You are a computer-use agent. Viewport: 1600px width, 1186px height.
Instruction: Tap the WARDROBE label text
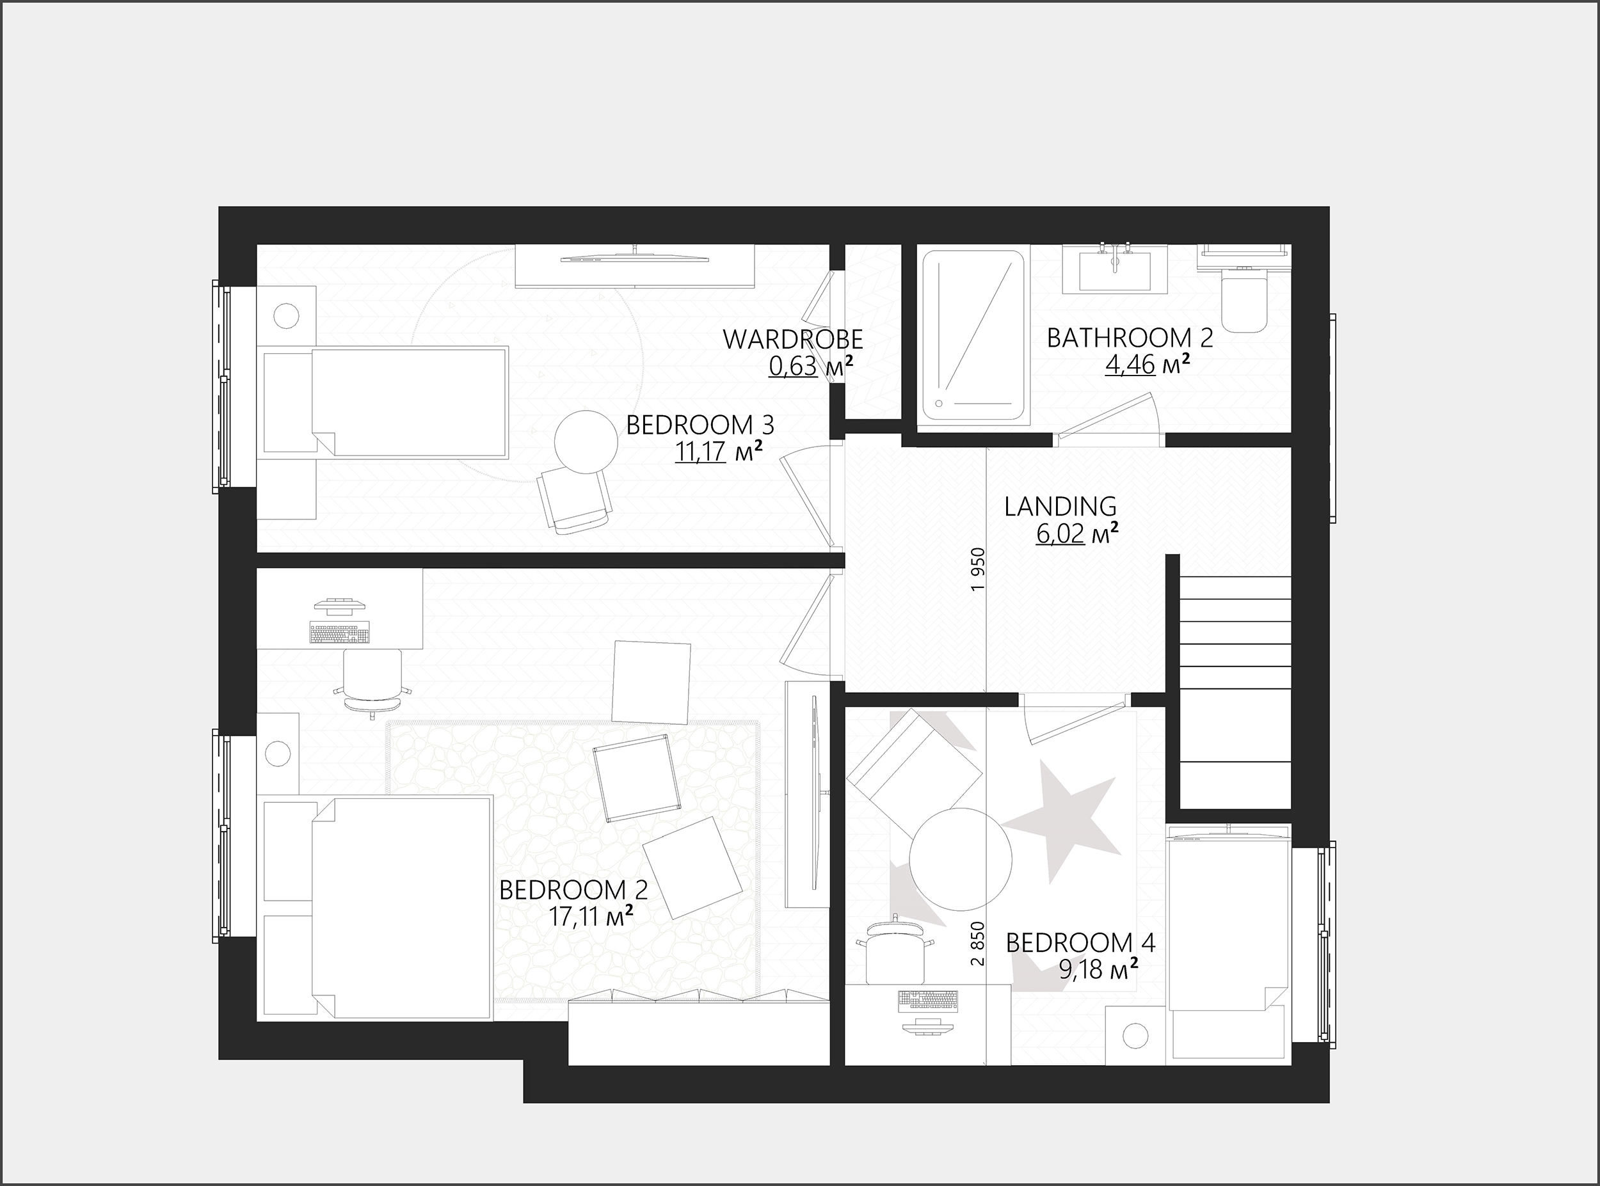click(793, 339)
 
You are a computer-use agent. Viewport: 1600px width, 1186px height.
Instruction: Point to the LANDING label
click(1060, 506)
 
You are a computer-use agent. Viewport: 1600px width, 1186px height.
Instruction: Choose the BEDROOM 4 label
click(1080, 943)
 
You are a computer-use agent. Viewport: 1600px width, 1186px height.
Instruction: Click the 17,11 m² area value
click(591, 917)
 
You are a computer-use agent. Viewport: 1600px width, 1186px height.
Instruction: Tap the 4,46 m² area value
click(1148, 365)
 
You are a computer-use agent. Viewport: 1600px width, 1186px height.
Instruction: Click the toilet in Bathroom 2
click(1245, 299)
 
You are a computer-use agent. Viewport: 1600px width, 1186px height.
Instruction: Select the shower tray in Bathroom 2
click(973, 335)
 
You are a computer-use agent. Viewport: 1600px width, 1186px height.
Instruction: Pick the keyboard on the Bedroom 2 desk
click(340, 633)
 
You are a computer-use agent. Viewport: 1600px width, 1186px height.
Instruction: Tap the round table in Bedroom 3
click(586, 441)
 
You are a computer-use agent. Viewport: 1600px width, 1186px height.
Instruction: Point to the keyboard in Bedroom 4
click(928, 1000)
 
